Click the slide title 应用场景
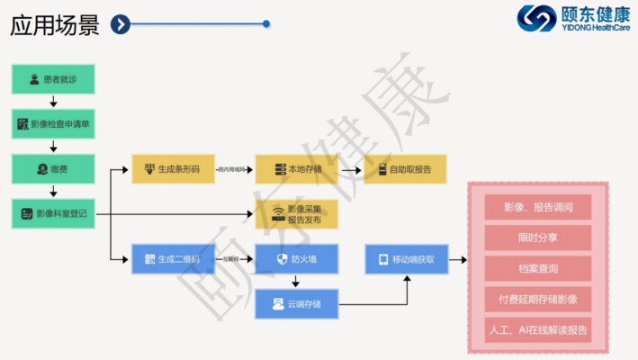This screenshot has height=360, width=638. [55, 24]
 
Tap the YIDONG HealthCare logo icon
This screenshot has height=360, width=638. [536, 18]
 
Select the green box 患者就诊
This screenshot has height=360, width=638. [53, 79]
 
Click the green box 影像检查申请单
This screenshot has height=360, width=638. [53, 123]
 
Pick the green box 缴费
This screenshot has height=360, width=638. [53, 168]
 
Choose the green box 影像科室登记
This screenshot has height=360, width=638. [53, 213]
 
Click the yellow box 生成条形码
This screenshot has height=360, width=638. [174, 169]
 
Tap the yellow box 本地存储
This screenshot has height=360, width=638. [296, 169]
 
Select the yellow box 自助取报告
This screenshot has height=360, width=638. [405, 169]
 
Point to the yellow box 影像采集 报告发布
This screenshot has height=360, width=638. [296, 214]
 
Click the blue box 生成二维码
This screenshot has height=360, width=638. [174, 259]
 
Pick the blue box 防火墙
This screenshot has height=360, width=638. [296, 259]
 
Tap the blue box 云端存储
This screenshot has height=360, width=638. [296, 304]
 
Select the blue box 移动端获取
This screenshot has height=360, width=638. [407, 259]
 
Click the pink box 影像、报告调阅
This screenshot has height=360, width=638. [537, 206]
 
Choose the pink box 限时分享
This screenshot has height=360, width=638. [537, 238]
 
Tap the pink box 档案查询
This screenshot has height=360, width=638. [537, 268]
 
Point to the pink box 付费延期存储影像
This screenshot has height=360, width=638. [537, 299]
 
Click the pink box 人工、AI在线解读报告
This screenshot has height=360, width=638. [537, 329]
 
